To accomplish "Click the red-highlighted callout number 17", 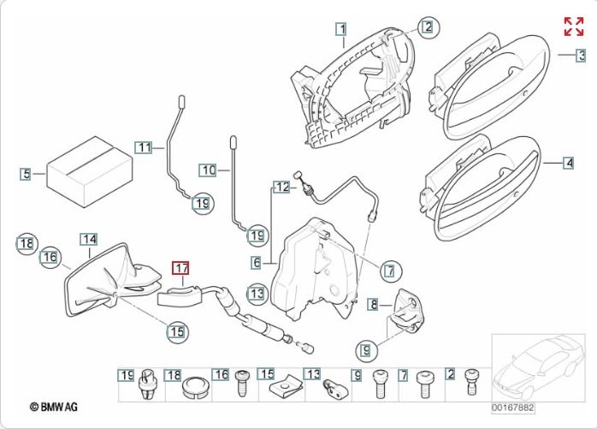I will coord(181,268).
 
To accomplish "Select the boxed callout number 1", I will coord(341,28).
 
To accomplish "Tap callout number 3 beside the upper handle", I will coord(581,57).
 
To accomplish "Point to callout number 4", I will coord(569,161).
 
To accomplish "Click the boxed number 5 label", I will coord(27,174).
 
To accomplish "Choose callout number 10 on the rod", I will coord(208,170).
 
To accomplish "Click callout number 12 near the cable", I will coord(282,186).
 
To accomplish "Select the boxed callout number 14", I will coord(89,240).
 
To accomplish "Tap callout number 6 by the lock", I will coord(256,262).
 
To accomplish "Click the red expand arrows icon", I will coord(573,26).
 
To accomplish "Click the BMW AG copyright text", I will coord(53,407).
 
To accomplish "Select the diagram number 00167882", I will coord(512,407).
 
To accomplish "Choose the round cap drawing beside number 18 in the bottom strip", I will coord(196,386).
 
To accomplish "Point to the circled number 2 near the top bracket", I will coord(426,27).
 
